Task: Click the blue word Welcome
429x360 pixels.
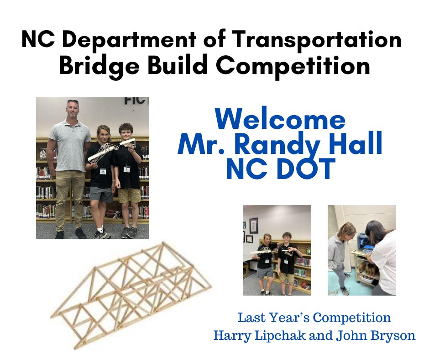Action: (280, 120)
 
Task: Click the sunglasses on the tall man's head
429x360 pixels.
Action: (73, 101)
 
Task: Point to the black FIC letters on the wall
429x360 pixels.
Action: (136, 101)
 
